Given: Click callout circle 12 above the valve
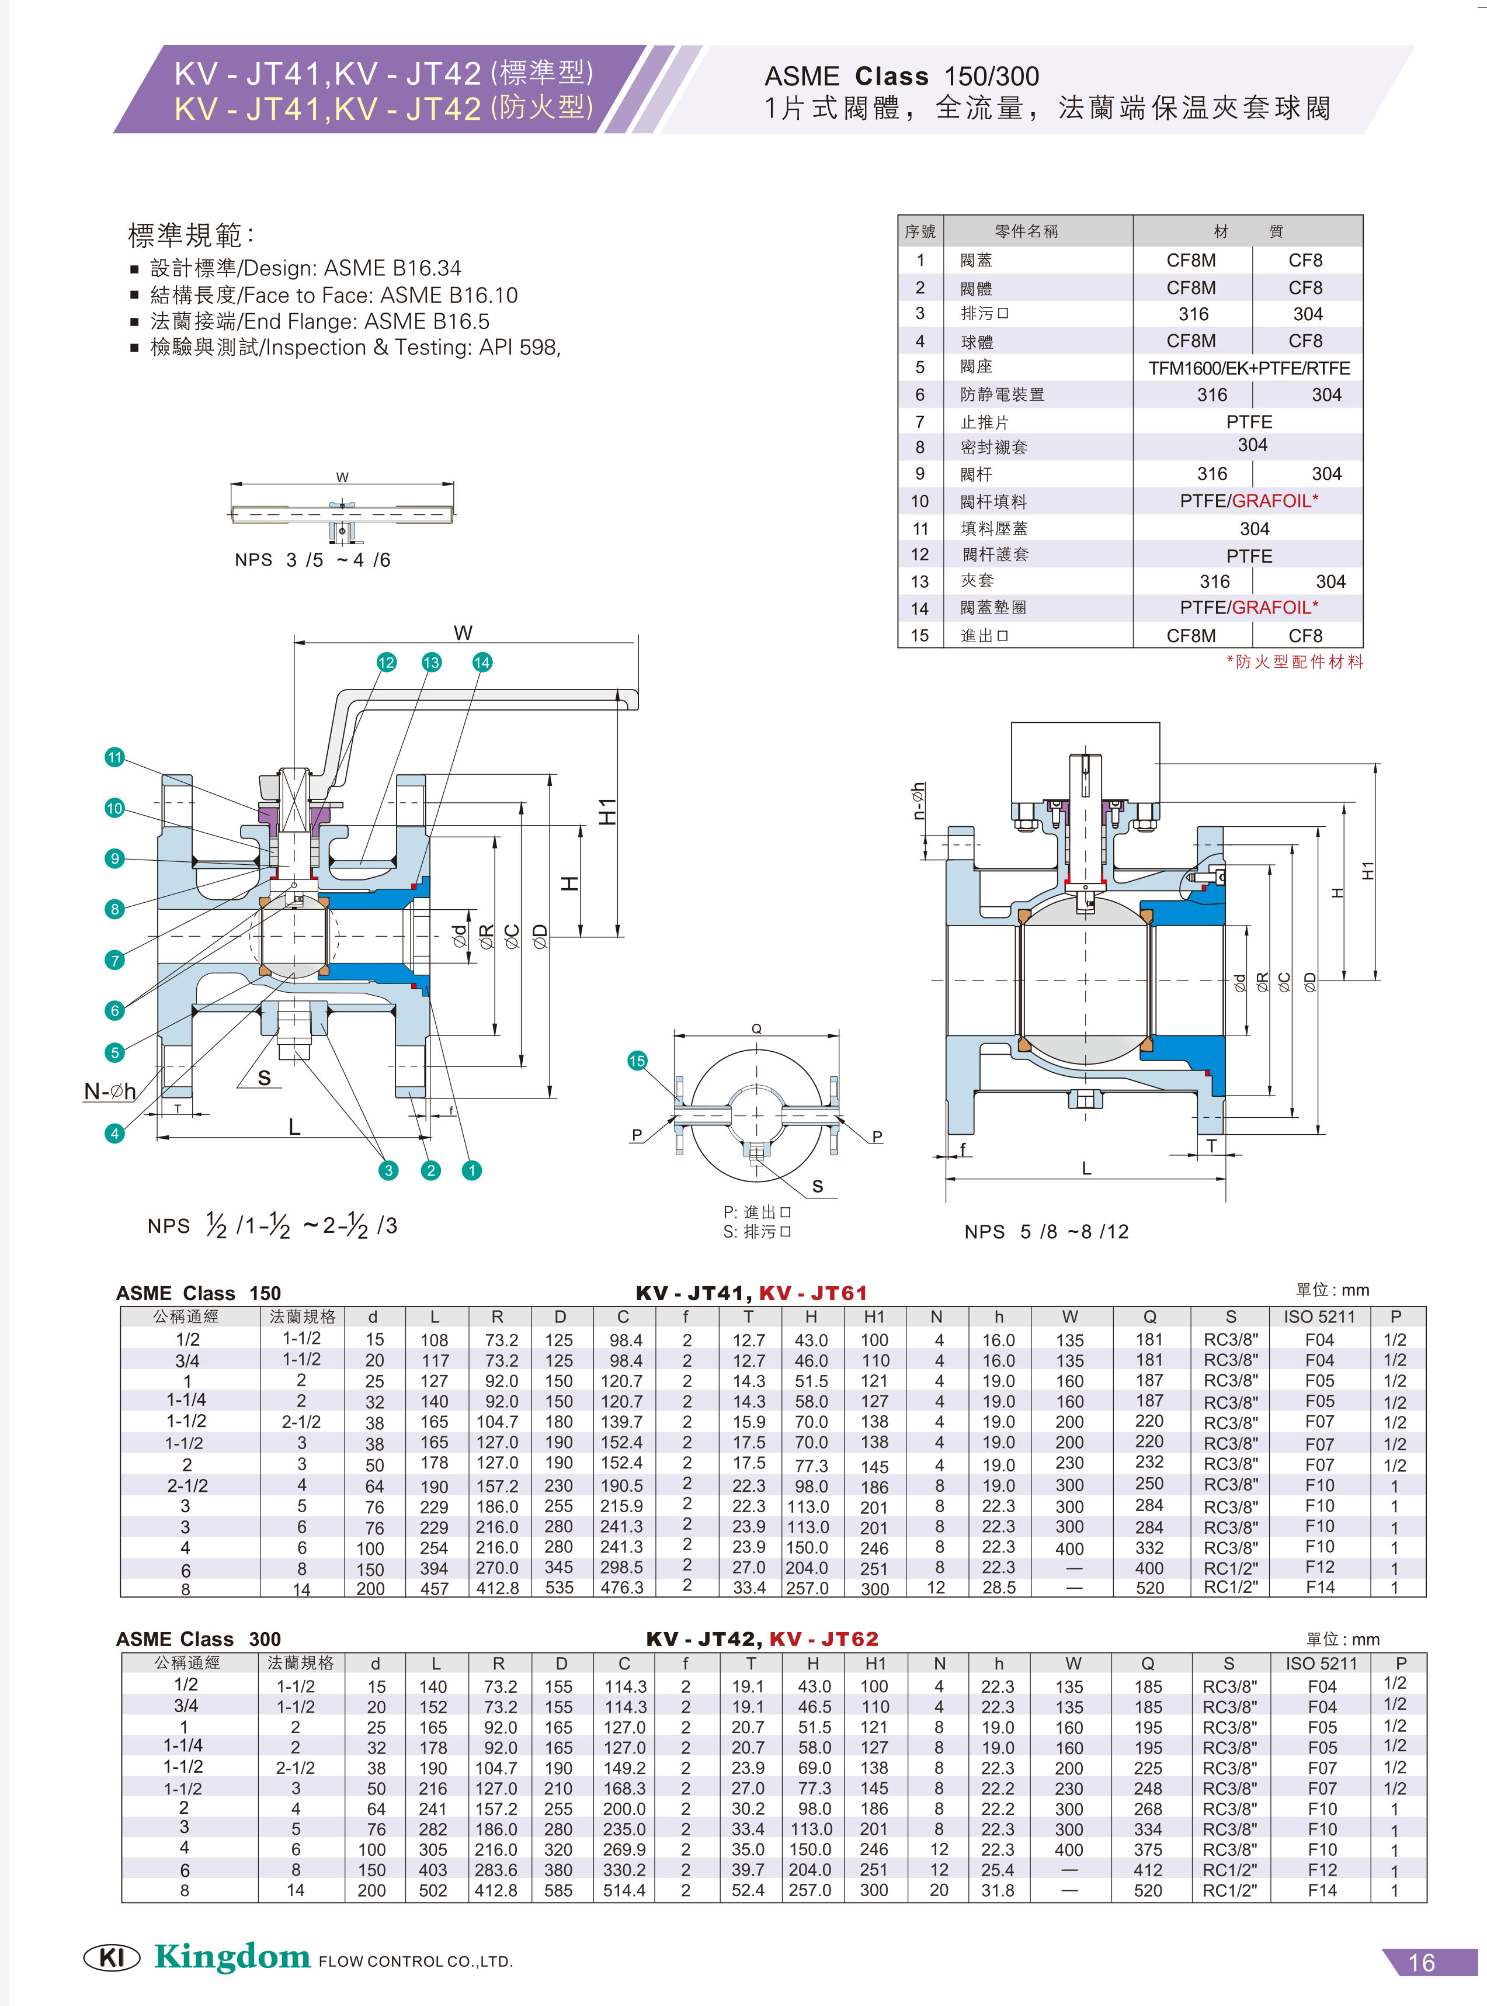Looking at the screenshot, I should pyautogui.click(x=386, y=662).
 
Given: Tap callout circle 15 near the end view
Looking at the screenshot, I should pyautogui.click(x=637, y=1060).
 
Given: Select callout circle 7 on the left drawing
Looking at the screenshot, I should pyautogui.click(x=114, y=960).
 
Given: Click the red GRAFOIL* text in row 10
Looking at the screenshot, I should pyautogui.click(x=1274, y=501).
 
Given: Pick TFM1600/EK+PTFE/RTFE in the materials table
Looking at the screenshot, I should pyautogui.click(x=1249, y=368).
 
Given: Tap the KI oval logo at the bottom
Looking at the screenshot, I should pyautogui.click(x=112, y=1958).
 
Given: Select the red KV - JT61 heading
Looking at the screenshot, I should pyautogui.click(x=813, y=1293).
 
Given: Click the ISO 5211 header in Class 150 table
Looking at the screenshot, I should pyautogui.click(x=1319, y=1316).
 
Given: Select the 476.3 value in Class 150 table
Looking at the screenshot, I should pyautogui.click(x=623, y=1588).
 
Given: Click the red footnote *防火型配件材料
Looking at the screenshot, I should pyautogui.click(x=1294, y=662).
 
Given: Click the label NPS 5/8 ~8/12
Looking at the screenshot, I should pyautogui.click(x=1046, y=1232).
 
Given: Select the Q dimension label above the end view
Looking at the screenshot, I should pyautogui.click(x=756, y=1028).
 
